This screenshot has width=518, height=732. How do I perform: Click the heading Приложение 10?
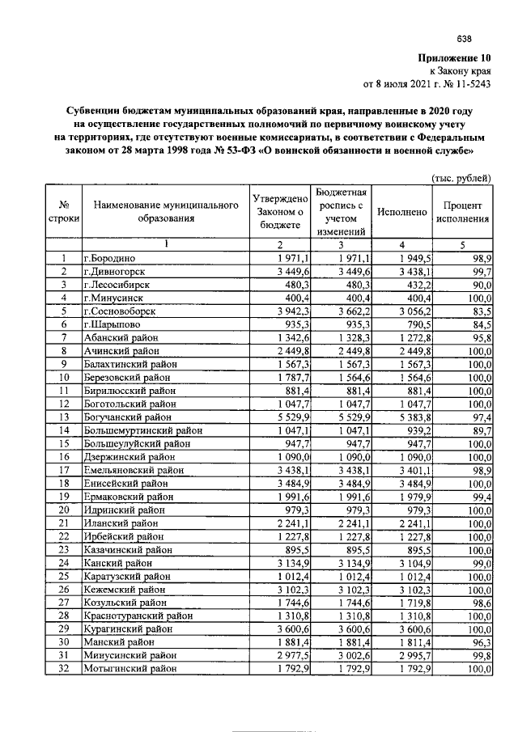(454, 58)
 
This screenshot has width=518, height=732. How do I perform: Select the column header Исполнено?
(401, 212)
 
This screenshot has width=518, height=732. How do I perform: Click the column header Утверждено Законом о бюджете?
(279, 212)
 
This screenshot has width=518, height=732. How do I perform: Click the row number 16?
(62, 457)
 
